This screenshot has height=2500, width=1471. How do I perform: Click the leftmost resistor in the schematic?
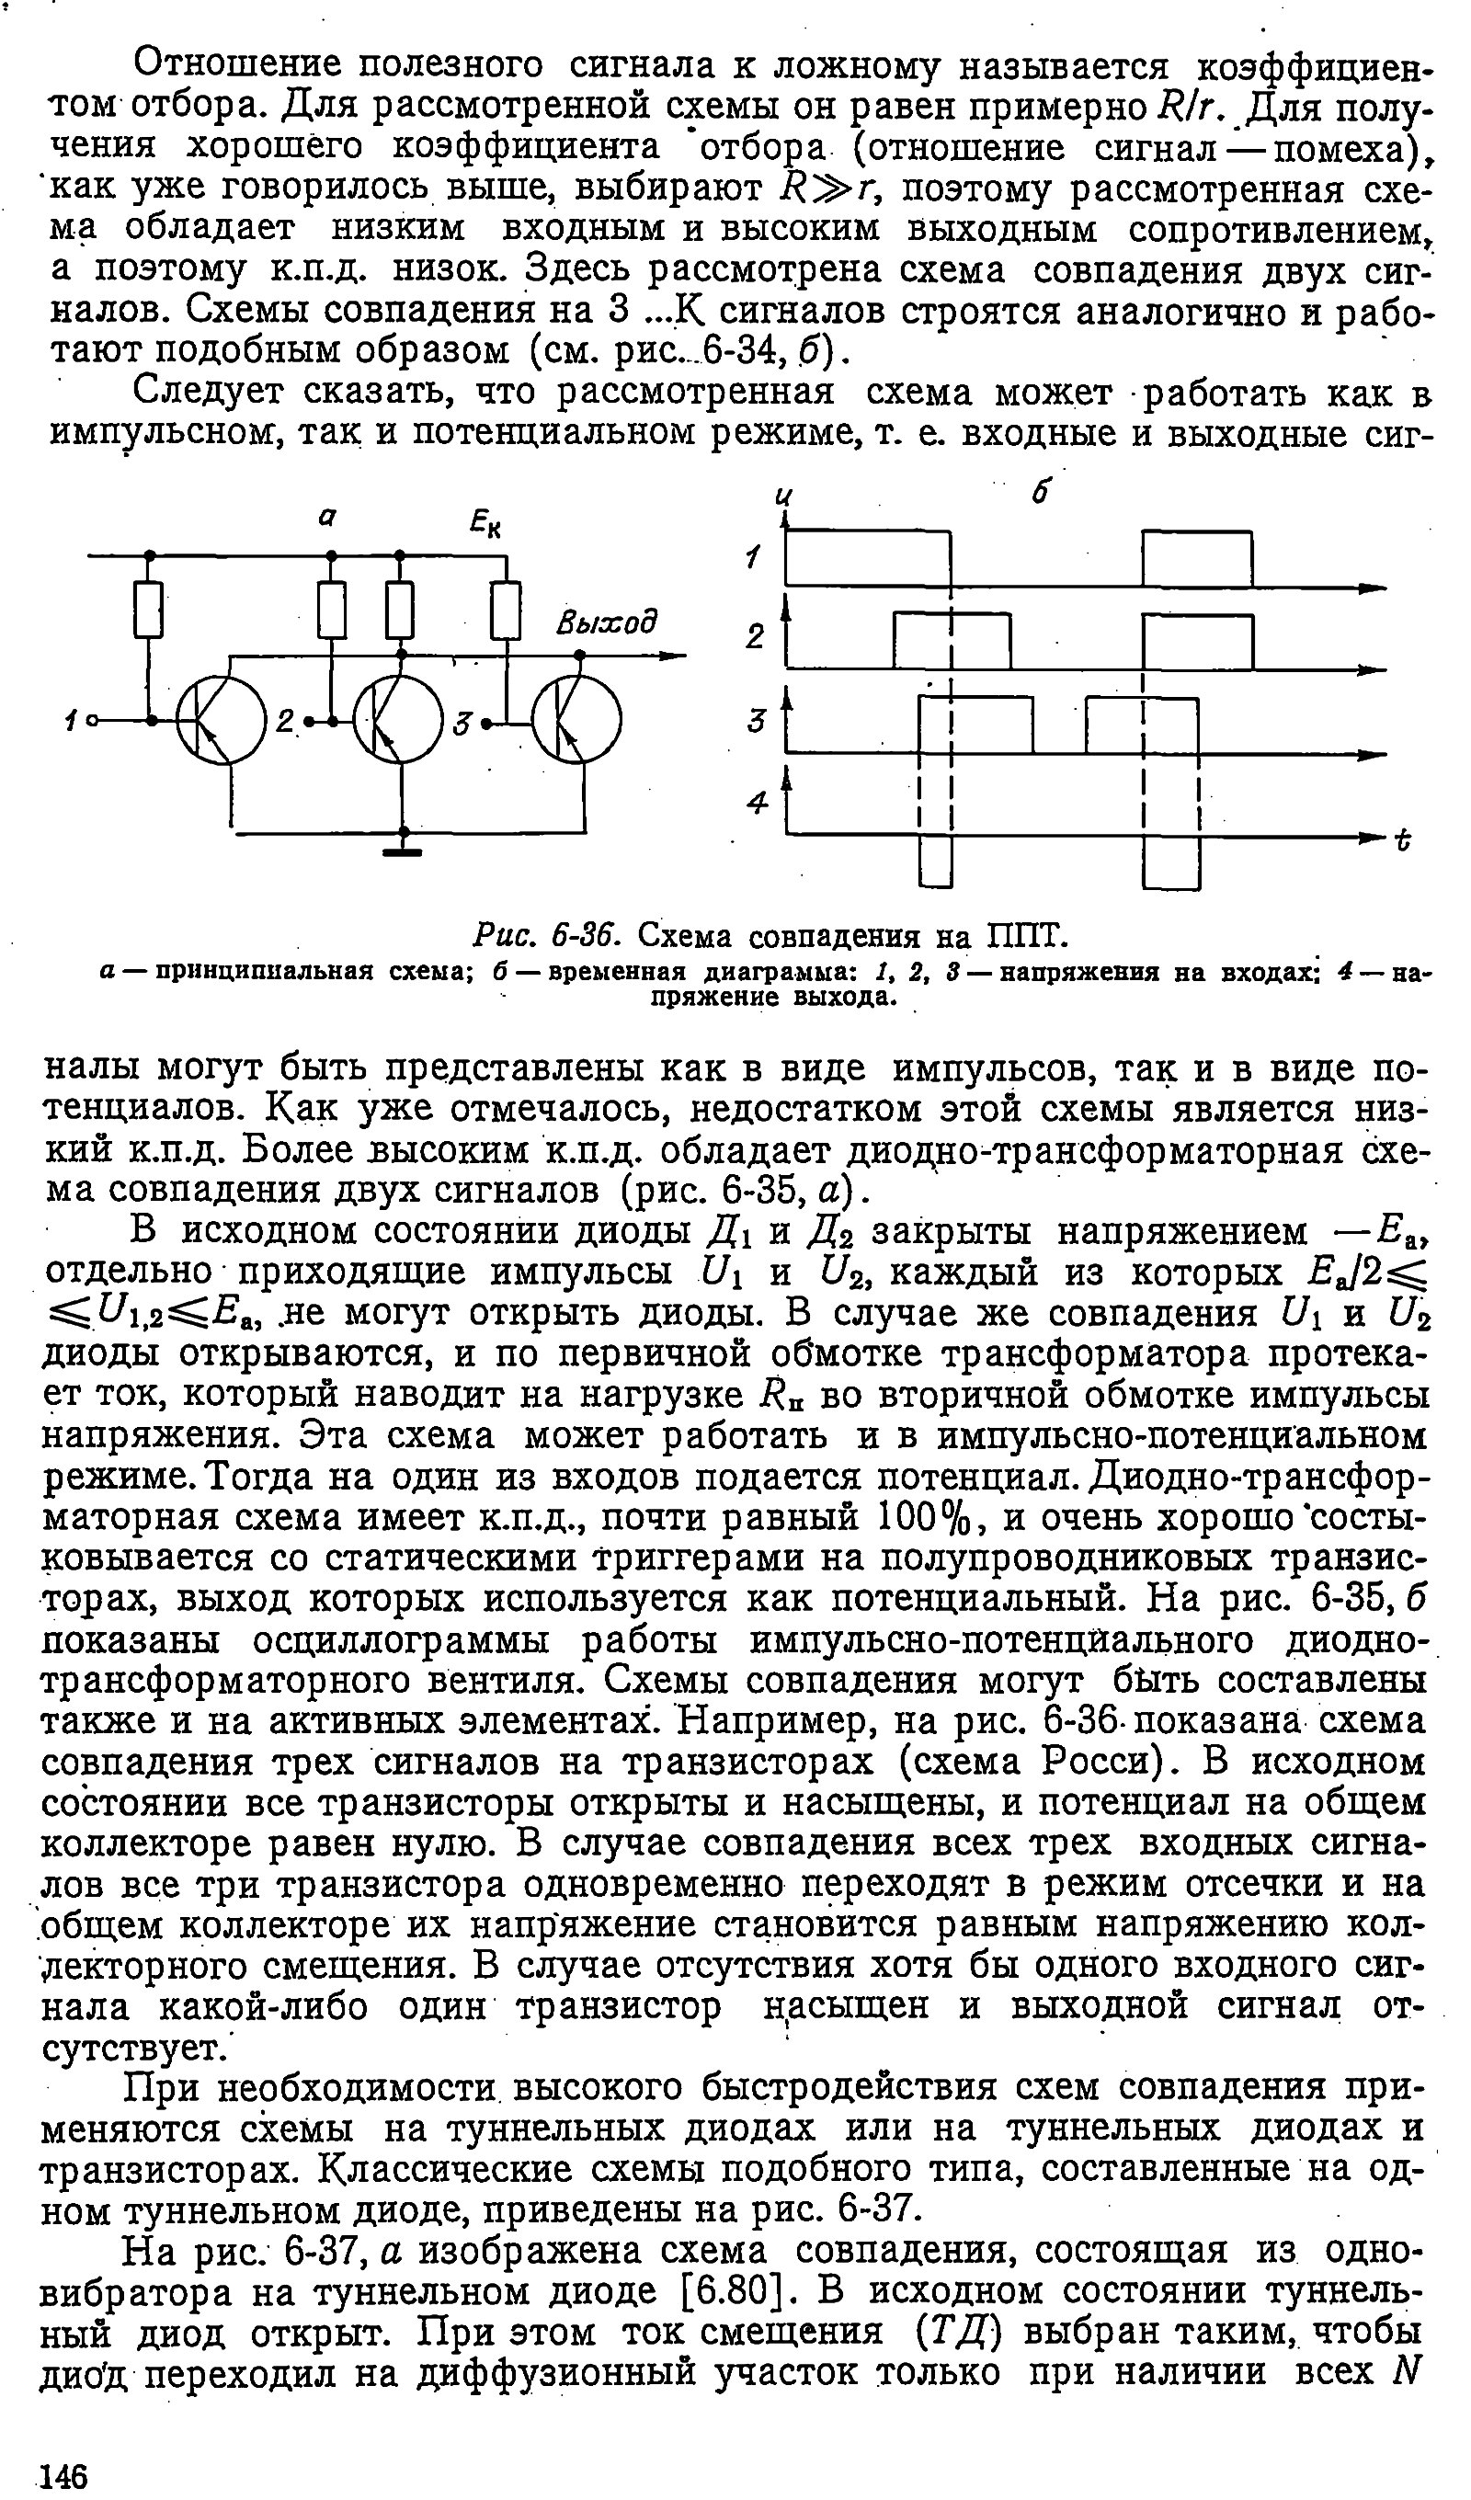[x=149, y=609]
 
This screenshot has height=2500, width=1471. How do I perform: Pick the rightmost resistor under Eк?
[x=506, y=609]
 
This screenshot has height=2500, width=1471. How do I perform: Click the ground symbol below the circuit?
[x=403, y=850]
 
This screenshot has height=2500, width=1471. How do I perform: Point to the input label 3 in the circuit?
[x=461, y=725]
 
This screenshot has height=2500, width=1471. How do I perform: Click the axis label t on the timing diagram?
[x=1403, y=841]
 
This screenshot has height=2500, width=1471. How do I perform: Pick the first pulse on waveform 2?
[x=952, y=641]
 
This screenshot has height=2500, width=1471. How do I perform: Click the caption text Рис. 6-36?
[x=549, y=934]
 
